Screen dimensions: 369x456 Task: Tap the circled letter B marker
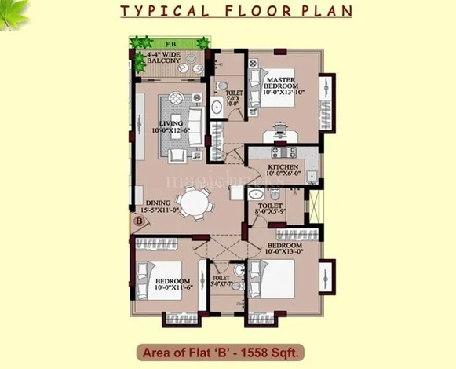point(138,221)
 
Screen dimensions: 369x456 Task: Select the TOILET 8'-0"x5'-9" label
point(268,208)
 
